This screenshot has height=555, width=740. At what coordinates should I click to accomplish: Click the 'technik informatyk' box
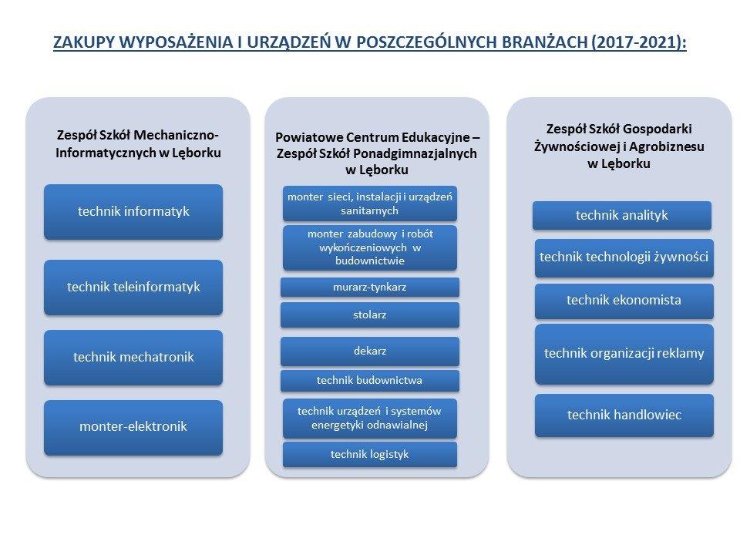pyautogui.click(x=133, y=212)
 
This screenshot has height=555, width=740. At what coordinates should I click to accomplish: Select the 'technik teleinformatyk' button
pyautogui.click(x=133, y=288)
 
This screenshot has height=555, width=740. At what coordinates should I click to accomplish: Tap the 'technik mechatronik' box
pyautogui.click(x=133, y=357)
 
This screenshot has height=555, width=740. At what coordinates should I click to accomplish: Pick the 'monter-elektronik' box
pyautogui.click(x=133, y=428)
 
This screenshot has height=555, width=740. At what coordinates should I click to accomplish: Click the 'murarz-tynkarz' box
pyautogui.click(x=369, y=287)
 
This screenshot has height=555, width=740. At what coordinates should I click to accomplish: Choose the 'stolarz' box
pyautogui.click(x=369, y=314)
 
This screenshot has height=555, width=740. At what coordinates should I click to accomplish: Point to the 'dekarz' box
pyautogui.click(x=369, y=351)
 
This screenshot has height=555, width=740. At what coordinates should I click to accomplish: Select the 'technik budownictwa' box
pyautogui.click(x=369, y=380)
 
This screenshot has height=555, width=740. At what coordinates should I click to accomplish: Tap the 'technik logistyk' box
pyautogui.click(x=369, y=455)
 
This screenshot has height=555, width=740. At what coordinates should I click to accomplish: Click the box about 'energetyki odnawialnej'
pyautogui.click(x=369, y=418)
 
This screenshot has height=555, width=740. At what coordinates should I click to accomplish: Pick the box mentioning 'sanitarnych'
pyautogui.click(x=369, y=203)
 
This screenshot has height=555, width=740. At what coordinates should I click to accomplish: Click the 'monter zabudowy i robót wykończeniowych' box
pyautogui.click(x=369, y=247)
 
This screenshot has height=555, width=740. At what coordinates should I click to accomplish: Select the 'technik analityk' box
pyautogui.click(x=621, y=216)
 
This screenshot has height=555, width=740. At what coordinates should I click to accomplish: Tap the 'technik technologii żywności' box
pyautogui.click(x=624, y=257)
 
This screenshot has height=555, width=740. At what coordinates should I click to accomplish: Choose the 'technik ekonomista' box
pyautogui.click(x=624, y=301)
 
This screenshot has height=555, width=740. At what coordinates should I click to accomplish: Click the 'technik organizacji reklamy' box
pyautogui.click(x=624, y=354)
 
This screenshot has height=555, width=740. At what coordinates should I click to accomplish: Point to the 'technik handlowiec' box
pyautogui.click(x=624, y=415)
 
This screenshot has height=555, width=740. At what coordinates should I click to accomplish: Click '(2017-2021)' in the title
pyautogui.click(x=638, y=42)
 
